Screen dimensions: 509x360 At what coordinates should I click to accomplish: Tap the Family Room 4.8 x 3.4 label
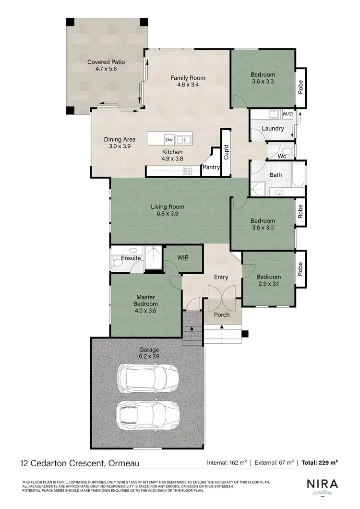tap(188, 81)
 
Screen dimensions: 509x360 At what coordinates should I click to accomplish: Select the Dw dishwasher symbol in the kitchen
tap(169, 140)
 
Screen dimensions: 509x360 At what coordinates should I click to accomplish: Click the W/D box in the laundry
tap(288, 114)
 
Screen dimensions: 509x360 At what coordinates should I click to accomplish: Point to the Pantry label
tap(211, 168)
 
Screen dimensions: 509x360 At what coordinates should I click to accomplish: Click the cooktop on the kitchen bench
tap(187, 170)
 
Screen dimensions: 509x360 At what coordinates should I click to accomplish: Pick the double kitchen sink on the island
tap(183, 140)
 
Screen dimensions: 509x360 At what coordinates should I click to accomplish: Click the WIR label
tap(183, 258)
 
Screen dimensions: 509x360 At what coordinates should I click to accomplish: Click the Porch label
tap(222, 315)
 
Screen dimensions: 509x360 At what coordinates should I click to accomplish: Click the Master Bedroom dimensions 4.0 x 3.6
tap(146, 311)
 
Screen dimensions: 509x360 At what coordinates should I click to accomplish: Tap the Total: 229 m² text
tap(320, 463)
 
